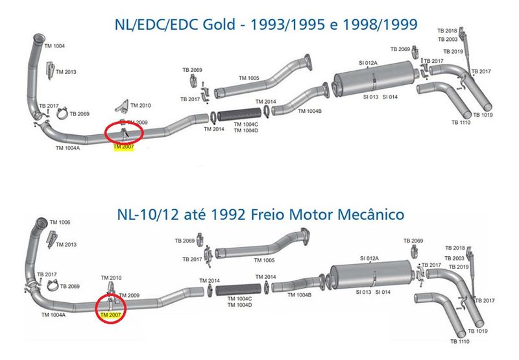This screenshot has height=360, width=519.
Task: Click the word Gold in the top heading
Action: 219,25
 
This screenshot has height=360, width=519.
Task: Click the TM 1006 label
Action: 60,222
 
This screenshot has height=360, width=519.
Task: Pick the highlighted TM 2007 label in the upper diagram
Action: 123,147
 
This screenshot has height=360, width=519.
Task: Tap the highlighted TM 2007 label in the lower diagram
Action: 110,315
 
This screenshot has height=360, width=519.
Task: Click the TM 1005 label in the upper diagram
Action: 249,78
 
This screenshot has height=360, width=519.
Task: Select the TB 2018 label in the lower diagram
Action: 455,248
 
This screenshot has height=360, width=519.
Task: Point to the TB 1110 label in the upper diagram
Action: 461,123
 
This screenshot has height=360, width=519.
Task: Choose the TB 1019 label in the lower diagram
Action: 477,331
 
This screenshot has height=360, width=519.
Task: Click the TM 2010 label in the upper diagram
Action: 141,106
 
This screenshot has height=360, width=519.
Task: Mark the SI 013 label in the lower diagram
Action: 363,292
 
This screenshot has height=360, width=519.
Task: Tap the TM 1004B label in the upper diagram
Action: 309,111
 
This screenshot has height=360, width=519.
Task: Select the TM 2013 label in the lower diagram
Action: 66,245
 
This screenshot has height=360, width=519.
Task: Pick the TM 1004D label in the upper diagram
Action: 246,130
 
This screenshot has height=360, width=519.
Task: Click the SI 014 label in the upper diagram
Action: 390,97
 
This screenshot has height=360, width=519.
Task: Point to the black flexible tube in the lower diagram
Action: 238,290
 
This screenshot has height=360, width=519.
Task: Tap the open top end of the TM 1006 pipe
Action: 42,221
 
